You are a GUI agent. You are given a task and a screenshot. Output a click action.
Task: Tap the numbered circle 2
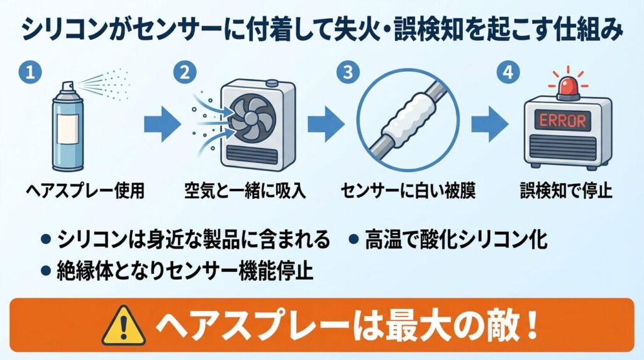coord(184,72)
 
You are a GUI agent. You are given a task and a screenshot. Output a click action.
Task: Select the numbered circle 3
coord(345,72)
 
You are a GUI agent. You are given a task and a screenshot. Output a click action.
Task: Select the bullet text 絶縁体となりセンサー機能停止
coord(179,271)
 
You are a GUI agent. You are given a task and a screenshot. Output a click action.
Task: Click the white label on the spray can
coord(69,130)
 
